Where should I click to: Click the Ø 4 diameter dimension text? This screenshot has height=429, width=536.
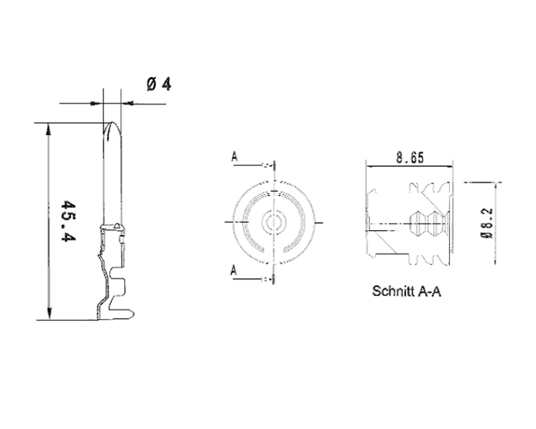pyautogui.click(x=159, y=84)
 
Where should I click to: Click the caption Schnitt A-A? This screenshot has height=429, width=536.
pyautogui.click(x=406, y=291)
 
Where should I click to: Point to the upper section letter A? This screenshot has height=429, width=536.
pyautogui.click(x=234, y=157)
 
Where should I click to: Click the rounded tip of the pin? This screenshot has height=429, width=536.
pyautogui.click(x=112, y=126)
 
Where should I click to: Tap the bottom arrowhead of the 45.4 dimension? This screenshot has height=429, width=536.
pyautogui.click(x=49, y=315)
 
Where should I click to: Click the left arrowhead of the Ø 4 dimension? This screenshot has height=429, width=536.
pyautogui.click(x=97, y=103)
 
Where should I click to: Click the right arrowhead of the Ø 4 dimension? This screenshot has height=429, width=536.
pyautogui.click(x=128, y=103)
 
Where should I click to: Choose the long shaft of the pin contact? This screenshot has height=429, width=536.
pyautogui.click(x=112, y=176)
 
